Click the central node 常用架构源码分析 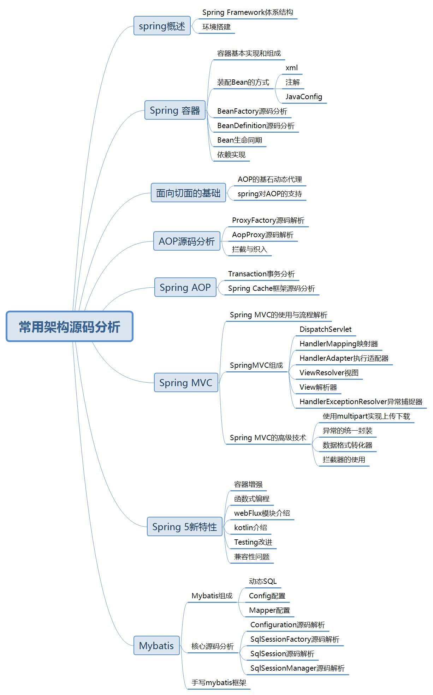[x=70, y=326]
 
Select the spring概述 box [x=162, y=26]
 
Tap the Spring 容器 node [x=175, y=110]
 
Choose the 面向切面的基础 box [x=188, y=193]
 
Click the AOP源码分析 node [x=186, y=241]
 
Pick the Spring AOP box [x=185, y=287]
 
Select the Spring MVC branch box [x=186, y=383]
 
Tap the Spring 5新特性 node [x=184, y=527]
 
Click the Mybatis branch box [x=156, y=645]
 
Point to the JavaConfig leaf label [x=304, y=96]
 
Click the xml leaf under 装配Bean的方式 [x=292, y=68]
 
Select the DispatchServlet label [x=325, y=329]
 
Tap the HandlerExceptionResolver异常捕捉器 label [x=361, y=402]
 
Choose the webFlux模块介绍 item [x=262, y=513]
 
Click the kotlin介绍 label [x=250, y=528]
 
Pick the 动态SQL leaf [x=263, y=581]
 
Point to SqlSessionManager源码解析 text [x=297, y=668]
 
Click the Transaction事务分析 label [x=261, y=274]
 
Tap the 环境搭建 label [x=216, y=27]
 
